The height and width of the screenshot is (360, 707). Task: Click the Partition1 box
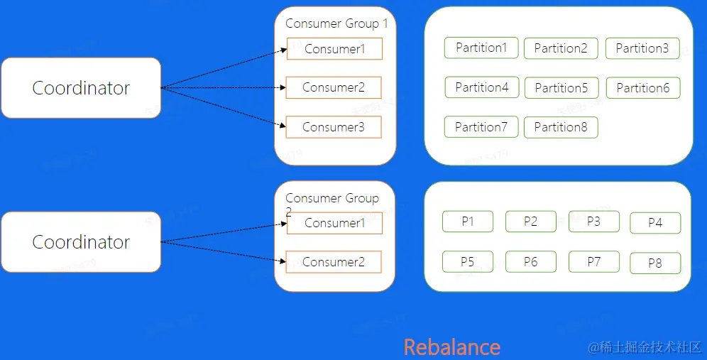(481, 48)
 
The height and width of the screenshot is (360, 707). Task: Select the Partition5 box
(561, 88)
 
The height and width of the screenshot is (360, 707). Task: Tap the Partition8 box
(561, 127)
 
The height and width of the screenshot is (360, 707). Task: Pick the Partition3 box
(642, 48)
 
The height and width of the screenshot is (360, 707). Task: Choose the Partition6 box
(643, 88)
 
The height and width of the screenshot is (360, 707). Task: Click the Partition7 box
(481, 127)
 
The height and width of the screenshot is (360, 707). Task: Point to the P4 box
(655, 223)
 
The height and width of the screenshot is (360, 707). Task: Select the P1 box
(467, 222)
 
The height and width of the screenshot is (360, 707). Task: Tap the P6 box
(531, 262)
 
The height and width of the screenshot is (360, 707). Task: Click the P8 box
(655, 263)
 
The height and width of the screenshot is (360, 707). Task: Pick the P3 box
(593, 222)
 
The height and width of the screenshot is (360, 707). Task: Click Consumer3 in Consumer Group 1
(334, 127)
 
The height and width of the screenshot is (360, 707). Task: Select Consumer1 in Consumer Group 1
(334, 49)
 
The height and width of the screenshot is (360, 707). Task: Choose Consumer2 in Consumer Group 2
(334, 262)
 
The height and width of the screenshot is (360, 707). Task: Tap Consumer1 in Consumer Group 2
(334, 223)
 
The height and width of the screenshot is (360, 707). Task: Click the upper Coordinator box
(81, 88)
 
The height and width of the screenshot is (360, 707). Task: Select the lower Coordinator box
(81, 242)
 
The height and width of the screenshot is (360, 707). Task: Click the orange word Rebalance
(452, 347)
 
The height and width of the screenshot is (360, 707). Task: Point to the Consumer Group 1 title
(336, 23)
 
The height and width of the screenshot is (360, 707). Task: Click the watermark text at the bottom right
(644, 347)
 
